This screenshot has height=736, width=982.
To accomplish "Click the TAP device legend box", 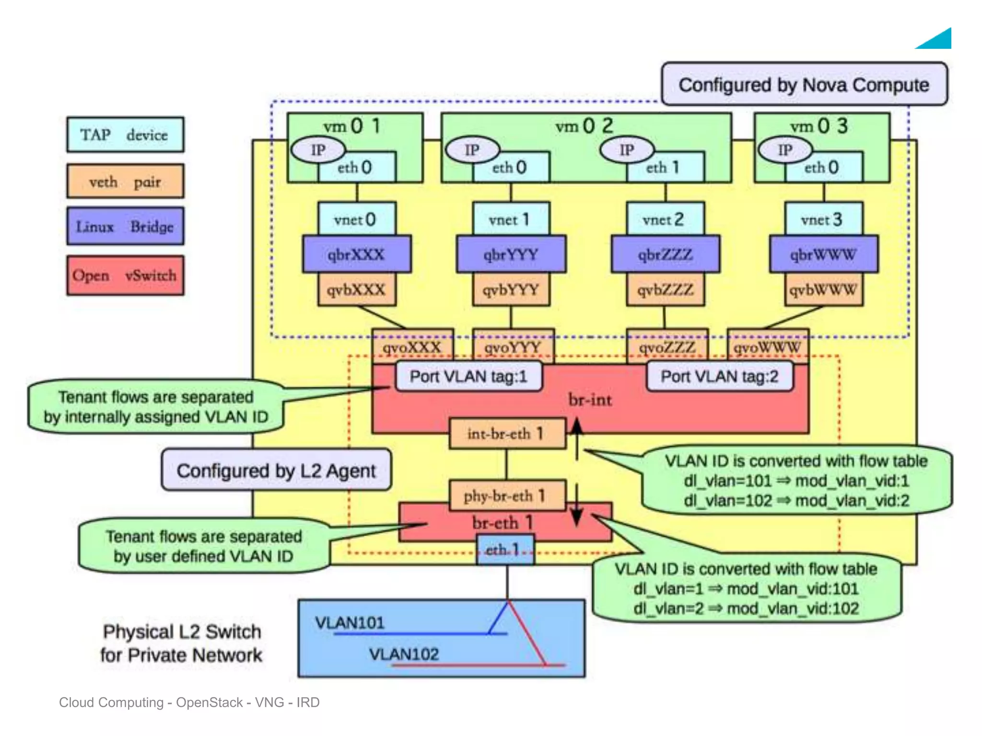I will tap(125, 135).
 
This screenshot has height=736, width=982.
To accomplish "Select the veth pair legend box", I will tap(125, 181).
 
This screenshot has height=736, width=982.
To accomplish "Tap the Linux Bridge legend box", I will tap(125, 226).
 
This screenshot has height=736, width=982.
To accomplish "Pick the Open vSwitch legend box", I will tap(125, 276).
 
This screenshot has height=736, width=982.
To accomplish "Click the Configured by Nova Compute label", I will tap(804, 84).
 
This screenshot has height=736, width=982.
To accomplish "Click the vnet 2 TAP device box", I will tap(666, 219).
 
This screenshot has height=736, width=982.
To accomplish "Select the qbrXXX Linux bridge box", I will tap(356, 254).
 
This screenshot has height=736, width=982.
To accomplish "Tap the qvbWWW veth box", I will tap(823, 289).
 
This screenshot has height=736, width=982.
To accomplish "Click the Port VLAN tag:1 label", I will tap(468, 377).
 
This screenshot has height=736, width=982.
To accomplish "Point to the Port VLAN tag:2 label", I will tap(719, 377).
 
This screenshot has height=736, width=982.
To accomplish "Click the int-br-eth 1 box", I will tap(507, 434).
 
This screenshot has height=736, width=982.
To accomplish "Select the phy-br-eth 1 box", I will tap(507, 495).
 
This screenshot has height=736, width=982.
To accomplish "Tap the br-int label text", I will tap(590, 399).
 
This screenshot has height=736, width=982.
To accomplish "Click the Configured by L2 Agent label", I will tap(276, 471).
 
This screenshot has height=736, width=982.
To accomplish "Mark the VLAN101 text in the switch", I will tap(350, 622).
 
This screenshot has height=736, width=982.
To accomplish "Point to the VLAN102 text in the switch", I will tap(404, 654).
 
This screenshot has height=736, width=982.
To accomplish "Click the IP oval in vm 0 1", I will tap(318, 150).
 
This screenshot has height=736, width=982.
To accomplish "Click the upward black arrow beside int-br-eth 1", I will tap(576, 431).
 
